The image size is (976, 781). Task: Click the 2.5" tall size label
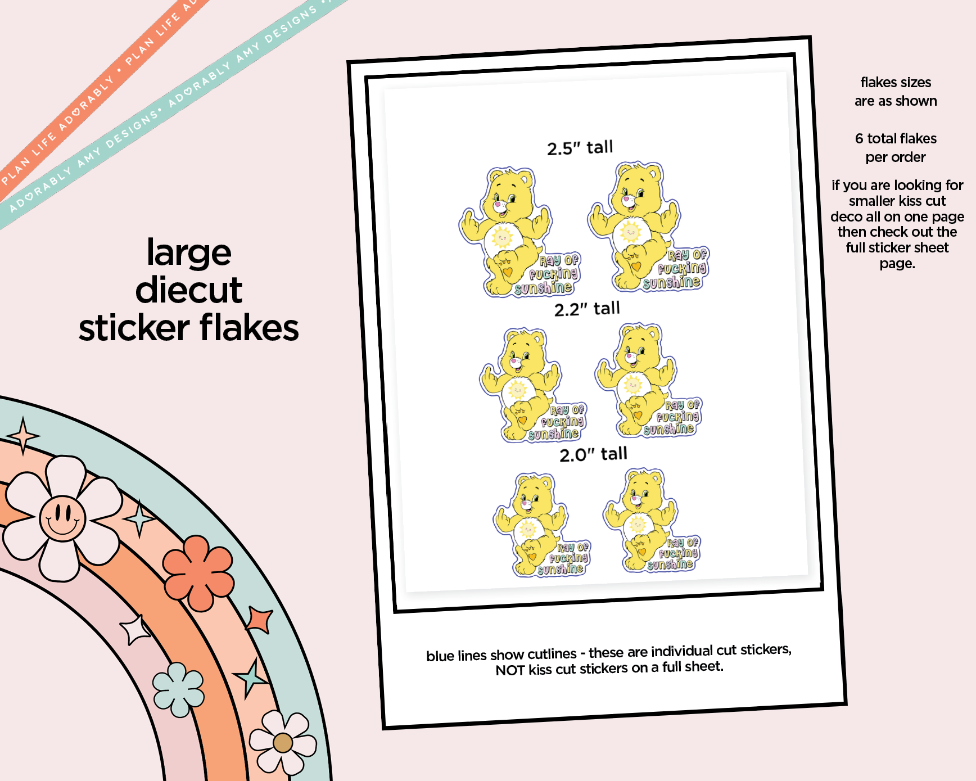click(580, 148)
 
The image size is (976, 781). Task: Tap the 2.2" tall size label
click(587, 309)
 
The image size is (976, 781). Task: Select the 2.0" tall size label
click(593, 454)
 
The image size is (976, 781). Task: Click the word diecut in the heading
click(189, 290)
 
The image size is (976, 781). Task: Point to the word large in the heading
click(189, 252)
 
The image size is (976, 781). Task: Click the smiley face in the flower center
click(62, 518)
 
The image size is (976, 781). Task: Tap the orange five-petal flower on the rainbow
click(198, 572)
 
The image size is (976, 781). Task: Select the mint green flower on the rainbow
click(178, 690)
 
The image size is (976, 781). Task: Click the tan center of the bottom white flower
click(283, 743)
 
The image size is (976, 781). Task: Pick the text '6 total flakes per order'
click(896, 147)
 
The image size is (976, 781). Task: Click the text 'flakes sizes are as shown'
click(896, 92)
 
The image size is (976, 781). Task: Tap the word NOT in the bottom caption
click(510, 670)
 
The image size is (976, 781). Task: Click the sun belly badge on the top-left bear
click(502, 238)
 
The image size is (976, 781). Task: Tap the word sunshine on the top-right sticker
click(672, 282)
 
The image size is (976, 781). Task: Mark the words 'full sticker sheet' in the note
click(897, 248)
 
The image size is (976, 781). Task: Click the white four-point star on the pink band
click(135, 630)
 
